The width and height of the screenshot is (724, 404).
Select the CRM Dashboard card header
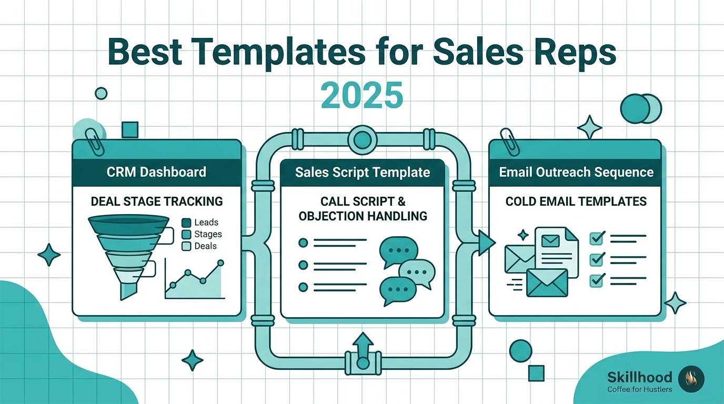156,172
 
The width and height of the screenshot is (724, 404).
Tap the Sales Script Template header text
363,172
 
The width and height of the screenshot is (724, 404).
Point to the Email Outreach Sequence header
576,172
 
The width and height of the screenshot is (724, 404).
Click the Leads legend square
186,223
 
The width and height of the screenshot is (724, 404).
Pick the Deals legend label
205,246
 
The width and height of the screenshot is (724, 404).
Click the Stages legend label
208,234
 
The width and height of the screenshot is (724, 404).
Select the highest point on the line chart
221,263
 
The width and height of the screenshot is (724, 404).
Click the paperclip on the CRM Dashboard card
94,142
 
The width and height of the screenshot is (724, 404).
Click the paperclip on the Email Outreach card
510,142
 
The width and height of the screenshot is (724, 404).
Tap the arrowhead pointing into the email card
486,243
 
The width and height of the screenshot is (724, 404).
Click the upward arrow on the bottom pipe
363,346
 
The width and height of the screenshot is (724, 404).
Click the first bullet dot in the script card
303,243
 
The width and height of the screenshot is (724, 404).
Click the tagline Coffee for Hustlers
639,389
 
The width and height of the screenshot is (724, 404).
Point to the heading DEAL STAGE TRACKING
157,201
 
